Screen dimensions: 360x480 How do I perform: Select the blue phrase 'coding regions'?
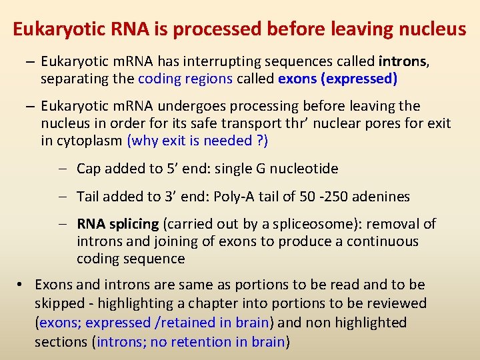[185, 79]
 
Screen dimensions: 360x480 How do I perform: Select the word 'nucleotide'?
[305, 169]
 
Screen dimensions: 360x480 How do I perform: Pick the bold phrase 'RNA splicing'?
[118, 224]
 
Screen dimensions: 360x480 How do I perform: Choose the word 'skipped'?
[59, 303]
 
